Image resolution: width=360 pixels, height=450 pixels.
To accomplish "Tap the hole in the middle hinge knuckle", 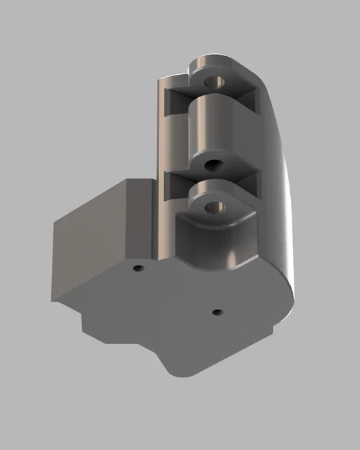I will [x=212, y=165].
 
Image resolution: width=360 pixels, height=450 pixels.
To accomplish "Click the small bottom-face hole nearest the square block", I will [x=138, y=268].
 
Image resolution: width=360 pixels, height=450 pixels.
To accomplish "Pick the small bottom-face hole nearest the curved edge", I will [x=217, y=312].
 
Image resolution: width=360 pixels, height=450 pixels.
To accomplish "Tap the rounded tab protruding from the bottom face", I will [x=184, y=360].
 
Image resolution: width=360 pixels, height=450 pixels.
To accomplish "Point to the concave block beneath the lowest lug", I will [x=216, y=245].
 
